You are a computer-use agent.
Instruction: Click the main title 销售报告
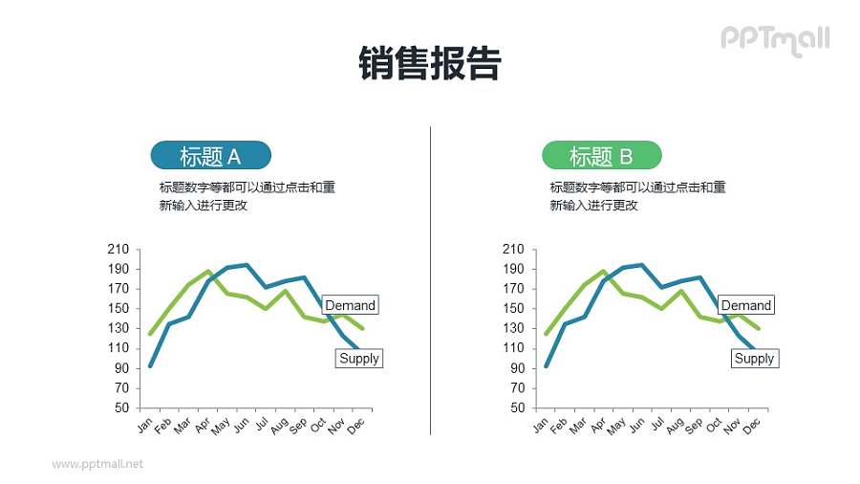[430, 64]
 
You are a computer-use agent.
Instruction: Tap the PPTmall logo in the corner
[774, 39]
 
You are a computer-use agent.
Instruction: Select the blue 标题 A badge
[211, 155]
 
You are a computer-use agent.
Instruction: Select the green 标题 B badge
[601, 155]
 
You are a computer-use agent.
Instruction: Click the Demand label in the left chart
[350, 305]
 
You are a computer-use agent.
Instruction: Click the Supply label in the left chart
[358, 358]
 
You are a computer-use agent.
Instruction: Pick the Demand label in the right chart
[745, 305]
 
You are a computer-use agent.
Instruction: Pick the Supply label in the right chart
[754, 358]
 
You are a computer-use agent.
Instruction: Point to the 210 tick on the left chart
[118, 249]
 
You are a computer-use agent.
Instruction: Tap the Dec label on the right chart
[752, 426]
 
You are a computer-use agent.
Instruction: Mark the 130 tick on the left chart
[118, 328]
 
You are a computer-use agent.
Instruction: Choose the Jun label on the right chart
[637, 426]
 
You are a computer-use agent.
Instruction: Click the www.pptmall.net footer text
[97, 464]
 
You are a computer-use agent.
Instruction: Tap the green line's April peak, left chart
[208, 271]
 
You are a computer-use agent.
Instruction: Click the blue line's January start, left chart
[150, 365]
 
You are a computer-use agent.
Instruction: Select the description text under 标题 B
[637, 196]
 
